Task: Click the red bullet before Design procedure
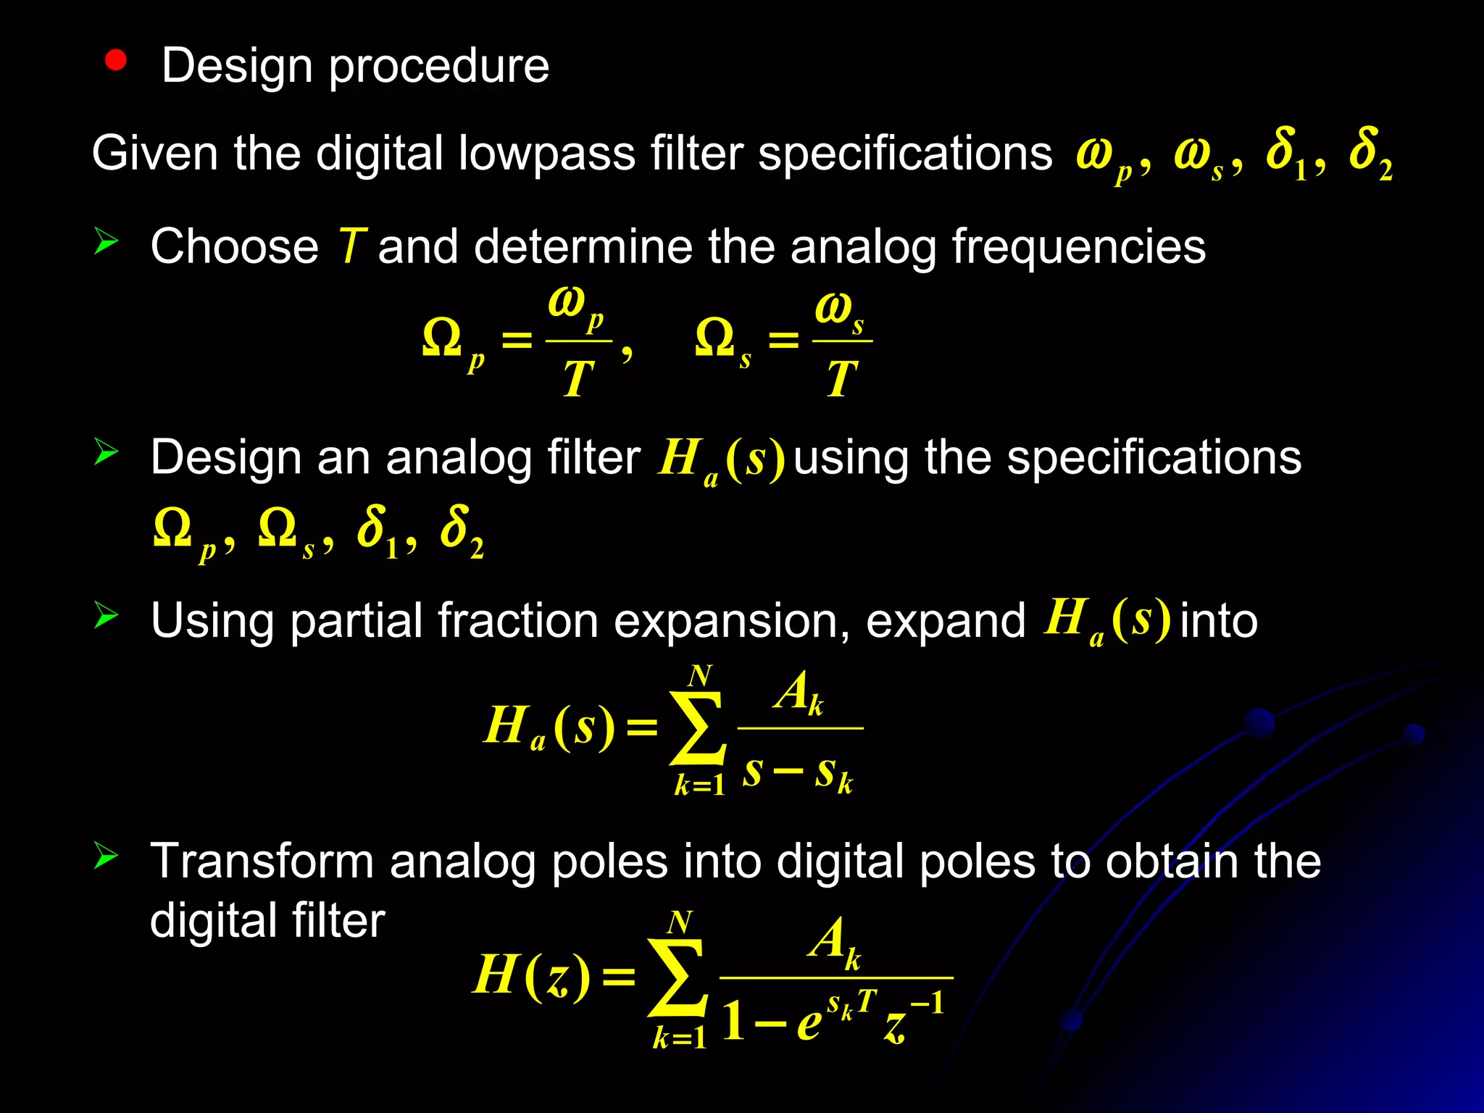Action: coord(115,61)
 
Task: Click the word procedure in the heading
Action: coord(439,67)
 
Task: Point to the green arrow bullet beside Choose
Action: coord(106,241)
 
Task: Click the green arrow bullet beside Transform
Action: coord(106,856)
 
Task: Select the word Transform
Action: coord(263,862)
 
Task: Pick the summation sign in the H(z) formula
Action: coord(678,978)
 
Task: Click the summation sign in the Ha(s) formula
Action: coord(697,728)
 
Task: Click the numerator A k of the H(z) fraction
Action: coord(835,941)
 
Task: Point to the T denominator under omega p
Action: coord(578,379)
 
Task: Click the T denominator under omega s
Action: coord(841,379)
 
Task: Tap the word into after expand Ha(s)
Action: coord(1219,621)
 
